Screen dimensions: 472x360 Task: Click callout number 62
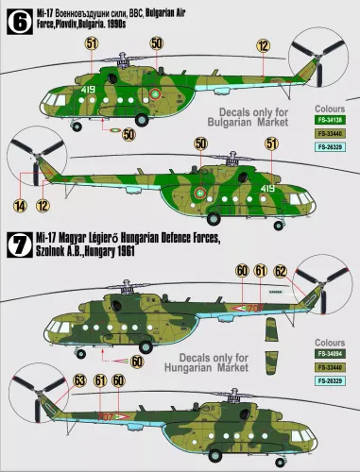click(280, 270)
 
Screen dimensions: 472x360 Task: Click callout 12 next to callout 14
click(42, 203)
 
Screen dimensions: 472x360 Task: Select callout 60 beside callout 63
click(118, 380)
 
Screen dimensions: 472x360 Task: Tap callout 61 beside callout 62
click(260, 270)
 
